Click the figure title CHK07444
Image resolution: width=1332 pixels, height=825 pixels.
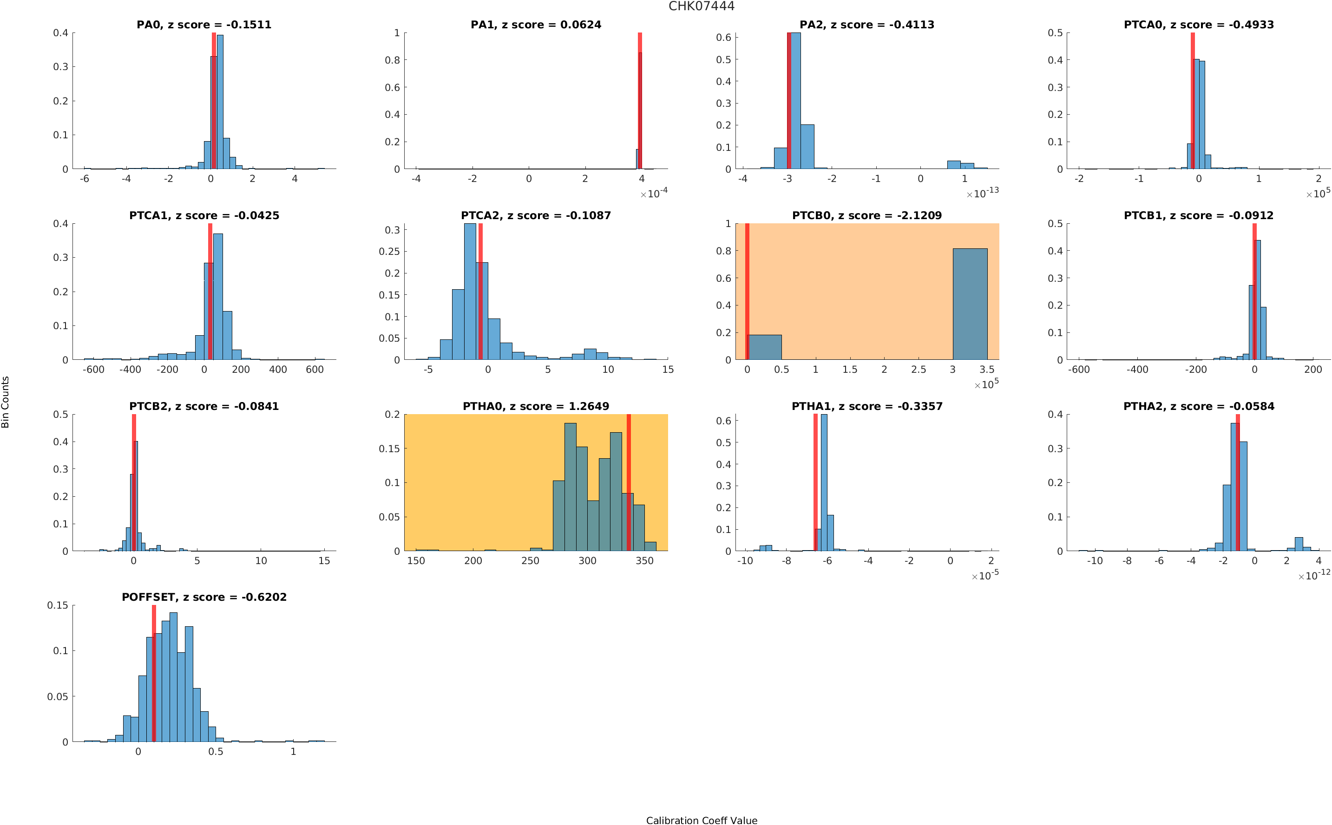[702, 6]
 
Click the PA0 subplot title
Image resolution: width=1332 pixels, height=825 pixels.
[203, 25]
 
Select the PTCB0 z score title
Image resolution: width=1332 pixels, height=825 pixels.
[867, 215]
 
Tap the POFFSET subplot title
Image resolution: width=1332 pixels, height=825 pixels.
[203, 597]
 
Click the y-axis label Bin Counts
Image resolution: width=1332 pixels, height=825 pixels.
[6, 402]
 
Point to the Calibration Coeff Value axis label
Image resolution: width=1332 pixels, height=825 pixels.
[702, 819]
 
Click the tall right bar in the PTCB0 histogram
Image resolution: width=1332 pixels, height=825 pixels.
[970, 304]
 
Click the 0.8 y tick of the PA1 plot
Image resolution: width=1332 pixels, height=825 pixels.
[392, 60]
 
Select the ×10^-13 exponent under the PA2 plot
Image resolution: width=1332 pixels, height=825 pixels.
[982, 193]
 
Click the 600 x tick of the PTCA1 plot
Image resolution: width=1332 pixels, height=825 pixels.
[315, 370]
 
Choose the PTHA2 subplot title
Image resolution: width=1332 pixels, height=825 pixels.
[1198, 407]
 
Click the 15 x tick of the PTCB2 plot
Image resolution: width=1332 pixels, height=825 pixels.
[324, 561]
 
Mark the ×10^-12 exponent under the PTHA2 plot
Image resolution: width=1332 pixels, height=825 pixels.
[1313, 575]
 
